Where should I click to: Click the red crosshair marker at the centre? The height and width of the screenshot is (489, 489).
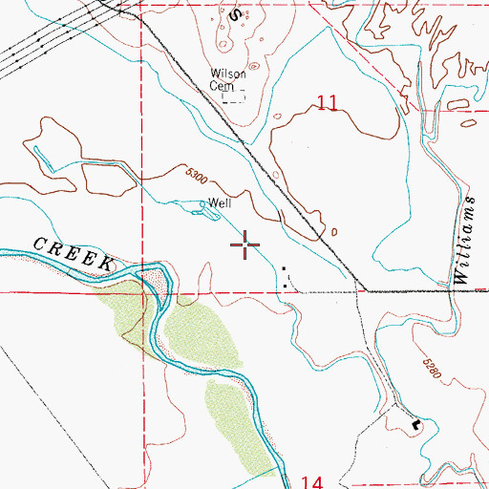pyautogui.click(x=245, y=246)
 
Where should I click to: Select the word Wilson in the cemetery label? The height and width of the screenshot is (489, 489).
pyautogui.click(x=229, y=74)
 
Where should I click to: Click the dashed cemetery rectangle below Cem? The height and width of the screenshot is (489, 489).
pyautogui.click(x=233, y=95)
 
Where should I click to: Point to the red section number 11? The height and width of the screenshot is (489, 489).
pyautogui.click(x=328, y=104)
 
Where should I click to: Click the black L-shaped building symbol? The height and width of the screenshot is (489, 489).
pyautogui.click(x=415, y=421)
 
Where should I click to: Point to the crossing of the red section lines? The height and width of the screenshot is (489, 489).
pyautogui.click(x=142, y=292)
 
